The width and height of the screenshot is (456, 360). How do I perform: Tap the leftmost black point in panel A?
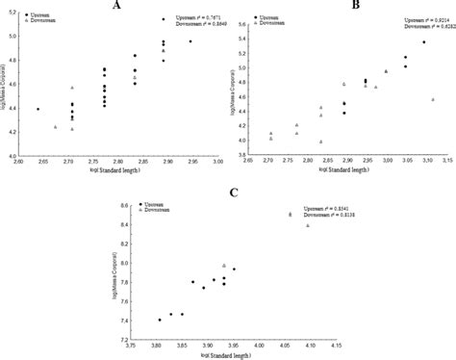pos(38,109)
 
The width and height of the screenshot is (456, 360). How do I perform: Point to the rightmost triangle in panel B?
pos(433,99)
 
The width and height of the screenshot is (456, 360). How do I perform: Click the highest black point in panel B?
pos(424,42)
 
